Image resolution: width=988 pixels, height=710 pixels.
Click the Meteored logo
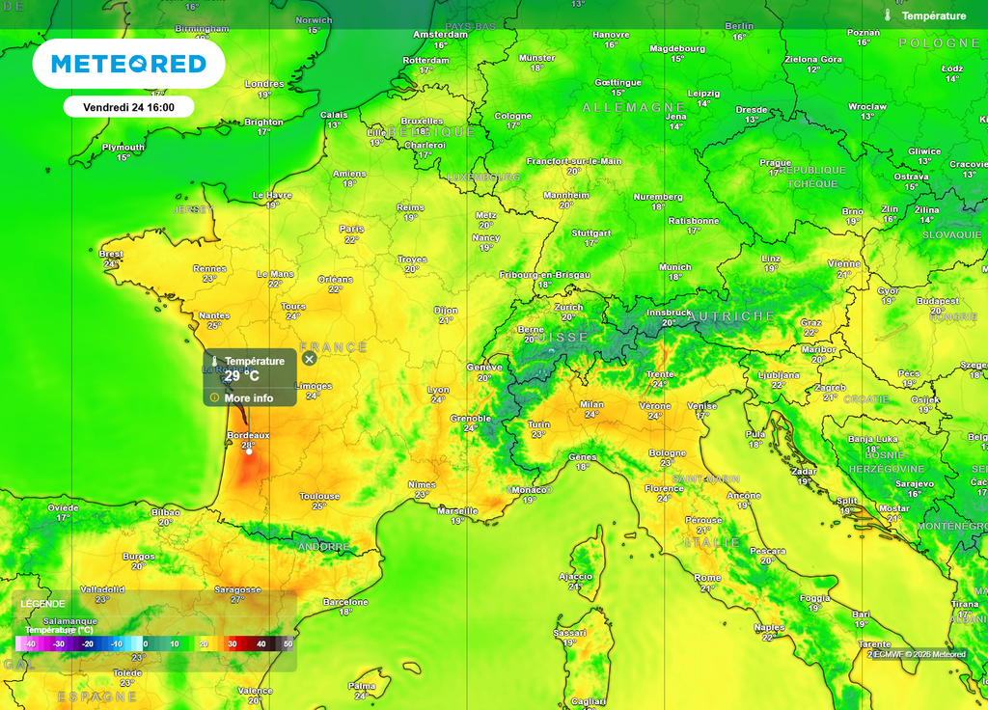click(128, 65)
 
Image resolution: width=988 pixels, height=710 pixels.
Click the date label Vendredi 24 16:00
click(128, 107)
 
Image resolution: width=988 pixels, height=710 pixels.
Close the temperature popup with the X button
click(309, 359)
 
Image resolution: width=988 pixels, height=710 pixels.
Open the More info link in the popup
click(248, 397)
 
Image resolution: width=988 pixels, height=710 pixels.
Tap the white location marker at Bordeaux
click(249, 451)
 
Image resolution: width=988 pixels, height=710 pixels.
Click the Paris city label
click(352, 229)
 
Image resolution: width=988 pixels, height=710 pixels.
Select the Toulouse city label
click(319, 497)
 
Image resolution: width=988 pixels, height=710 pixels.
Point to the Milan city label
click(591, 404)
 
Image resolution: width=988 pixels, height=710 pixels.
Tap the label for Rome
click(707, 578)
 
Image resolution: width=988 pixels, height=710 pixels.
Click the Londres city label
click(264, 84)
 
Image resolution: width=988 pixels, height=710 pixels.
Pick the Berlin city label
click(739, 26)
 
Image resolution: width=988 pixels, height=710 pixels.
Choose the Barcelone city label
click(345, 602)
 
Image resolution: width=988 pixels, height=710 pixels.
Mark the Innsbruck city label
click(668, 313)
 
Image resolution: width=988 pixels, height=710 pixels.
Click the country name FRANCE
click(334, 347)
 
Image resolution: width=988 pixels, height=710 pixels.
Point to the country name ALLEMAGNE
click(634, 107)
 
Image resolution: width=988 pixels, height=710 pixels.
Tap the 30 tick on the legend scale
click(232, 643)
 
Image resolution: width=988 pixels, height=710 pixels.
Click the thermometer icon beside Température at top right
click(888, 15)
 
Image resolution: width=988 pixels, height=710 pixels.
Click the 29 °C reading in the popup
click(242, 376)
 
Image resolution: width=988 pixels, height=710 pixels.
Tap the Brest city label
click(111, 255)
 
